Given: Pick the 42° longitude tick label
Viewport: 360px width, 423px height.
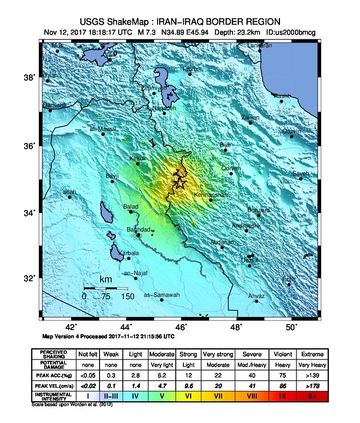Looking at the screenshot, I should click(70, 326).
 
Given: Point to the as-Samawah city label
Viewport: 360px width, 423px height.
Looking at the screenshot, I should click(162, 295).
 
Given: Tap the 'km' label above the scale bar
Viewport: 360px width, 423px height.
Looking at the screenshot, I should click(105, 281).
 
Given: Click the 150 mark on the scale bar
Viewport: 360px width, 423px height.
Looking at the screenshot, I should click(128, 297).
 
